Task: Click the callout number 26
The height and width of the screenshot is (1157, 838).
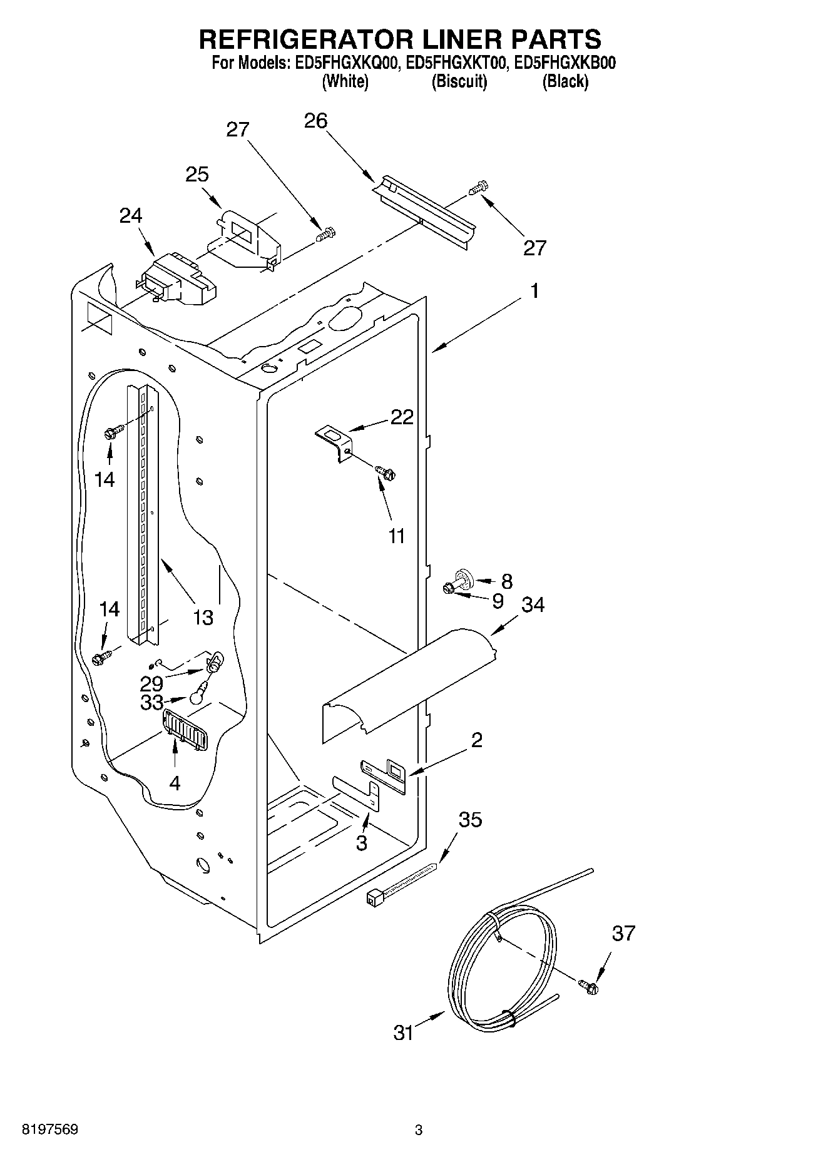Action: pyautogui.click(x=315, y=121)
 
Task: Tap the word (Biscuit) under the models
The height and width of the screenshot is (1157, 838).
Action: pyautogui.click(x=459, y=81)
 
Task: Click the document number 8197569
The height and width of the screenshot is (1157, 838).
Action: pyautogui.click(x=50, y=1129)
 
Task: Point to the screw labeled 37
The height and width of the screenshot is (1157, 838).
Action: pyautogui.click(x=588, y=987)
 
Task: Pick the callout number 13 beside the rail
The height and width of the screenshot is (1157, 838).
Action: pyautogui.click(x=203, y=618)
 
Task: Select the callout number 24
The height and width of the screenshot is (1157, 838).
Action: pyautogui.click(x=131, y=215)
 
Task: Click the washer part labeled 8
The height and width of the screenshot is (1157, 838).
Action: pyautogui.click(x=465, y=576)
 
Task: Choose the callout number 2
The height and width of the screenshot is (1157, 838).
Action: pyautogui.click(x=476, y=740)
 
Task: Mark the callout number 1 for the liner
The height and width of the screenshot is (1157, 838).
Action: pyautogui.click(x=534, y=291)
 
